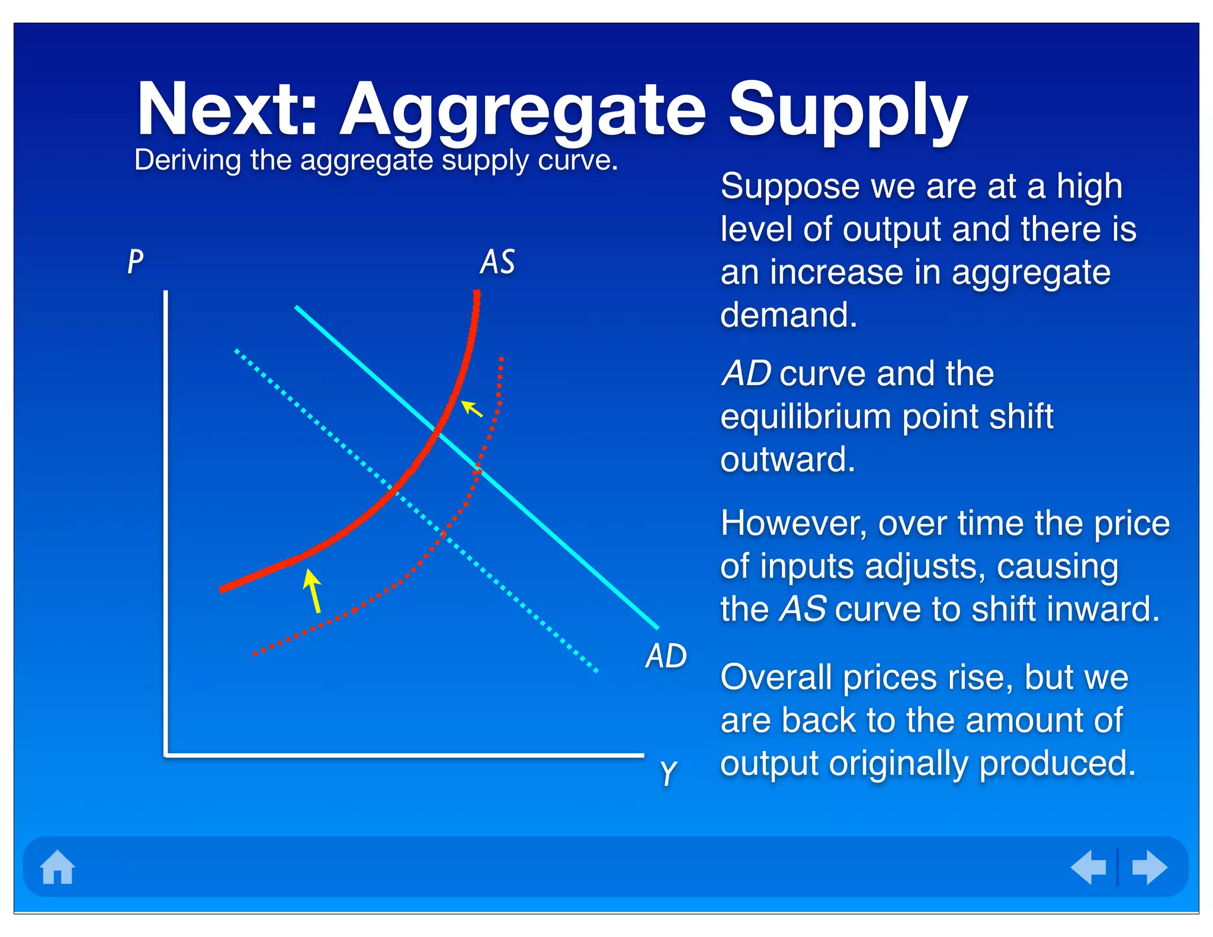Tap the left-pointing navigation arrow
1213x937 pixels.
(x=1089, y=867)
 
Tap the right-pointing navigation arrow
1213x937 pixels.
(x=1149, y=867)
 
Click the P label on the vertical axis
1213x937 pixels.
(x=136, y=261)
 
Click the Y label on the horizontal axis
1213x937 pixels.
(x=668, y=772)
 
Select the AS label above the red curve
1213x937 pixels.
(x=497, y=262)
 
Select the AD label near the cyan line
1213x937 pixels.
(x=666, y=656)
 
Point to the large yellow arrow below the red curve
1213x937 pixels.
(x=313, y=591)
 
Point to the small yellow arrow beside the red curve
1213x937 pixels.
(x=471, y=409)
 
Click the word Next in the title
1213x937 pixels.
(x=227, y=110)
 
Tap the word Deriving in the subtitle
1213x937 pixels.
(x=187, y=160)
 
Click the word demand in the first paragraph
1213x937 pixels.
(x=788, y=315)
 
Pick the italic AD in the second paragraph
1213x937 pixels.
(x=746, y=374)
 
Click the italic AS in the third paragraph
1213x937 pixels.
(x=803, y=609)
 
